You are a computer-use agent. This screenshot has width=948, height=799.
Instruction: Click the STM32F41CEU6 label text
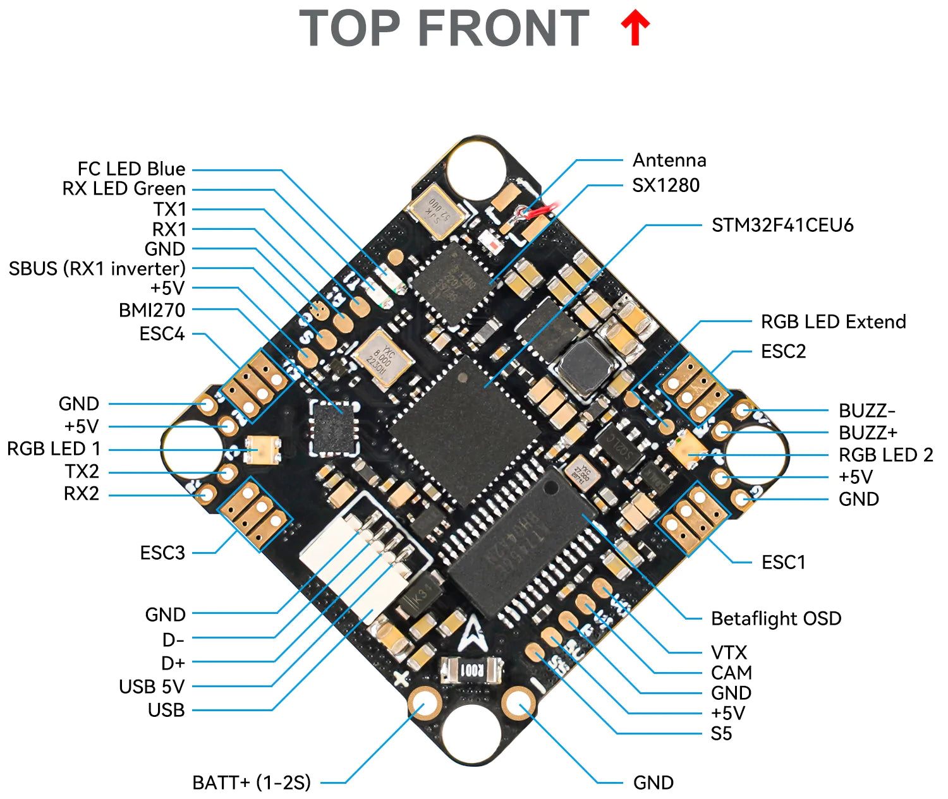pos(782,225)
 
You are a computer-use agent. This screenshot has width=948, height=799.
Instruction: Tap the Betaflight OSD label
pos(775,618)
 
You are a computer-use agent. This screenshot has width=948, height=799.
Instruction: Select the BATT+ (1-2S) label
pos(252,783)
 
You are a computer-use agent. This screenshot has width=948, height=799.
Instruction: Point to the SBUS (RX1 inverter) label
pos(97,268)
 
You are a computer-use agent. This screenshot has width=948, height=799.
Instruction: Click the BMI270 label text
pos(152,310)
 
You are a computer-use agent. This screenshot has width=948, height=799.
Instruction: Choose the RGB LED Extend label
pos(833,321)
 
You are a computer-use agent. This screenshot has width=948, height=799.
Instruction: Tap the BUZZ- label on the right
pos(866,411)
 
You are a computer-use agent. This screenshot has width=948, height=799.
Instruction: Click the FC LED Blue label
pos(131,169)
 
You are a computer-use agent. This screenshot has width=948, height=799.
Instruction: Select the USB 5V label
pos(152,687)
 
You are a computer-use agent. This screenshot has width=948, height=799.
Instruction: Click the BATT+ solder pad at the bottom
pos(424,702)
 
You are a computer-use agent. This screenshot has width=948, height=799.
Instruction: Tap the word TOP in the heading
pos(349,29)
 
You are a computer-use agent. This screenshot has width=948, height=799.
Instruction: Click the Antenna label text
pos(669,160)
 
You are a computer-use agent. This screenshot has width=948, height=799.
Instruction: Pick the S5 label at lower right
pos(720,734)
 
